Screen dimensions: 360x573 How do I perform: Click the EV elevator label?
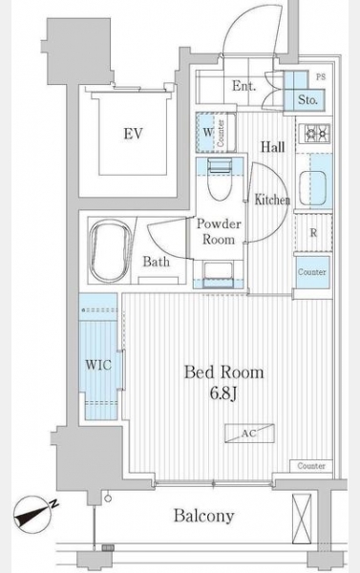point(133,134)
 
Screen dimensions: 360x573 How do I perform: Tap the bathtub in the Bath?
point(111,250)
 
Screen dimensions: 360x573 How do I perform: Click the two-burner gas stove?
point(314,134)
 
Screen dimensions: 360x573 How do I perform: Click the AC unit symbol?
point(249,434)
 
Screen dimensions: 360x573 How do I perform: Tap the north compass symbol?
point(33,514)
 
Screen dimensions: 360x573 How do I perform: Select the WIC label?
point(98,365)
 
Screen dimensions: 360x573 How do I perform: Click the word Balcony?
point(203,516)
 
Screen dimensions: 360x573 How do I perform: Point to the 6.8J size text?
point(223,393)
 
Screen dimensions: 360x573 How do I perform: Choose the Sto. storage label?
point(307,99)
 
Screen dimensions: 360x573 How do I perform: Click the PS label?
point(321,77)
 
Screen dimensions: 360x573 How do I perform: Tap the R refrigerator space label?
point(313,233)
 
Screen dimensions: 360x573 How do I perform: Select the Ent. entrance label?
point(244,86)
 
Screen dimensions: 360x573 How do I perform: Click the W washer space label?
point(207,132)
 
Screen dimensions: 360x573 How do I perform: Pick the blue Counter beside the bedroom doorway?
point(312,272)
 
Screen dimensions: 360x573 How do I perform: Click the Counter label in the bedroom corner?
point(311,466)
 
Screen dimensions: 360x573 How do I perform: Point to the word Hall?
point(273,147)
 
